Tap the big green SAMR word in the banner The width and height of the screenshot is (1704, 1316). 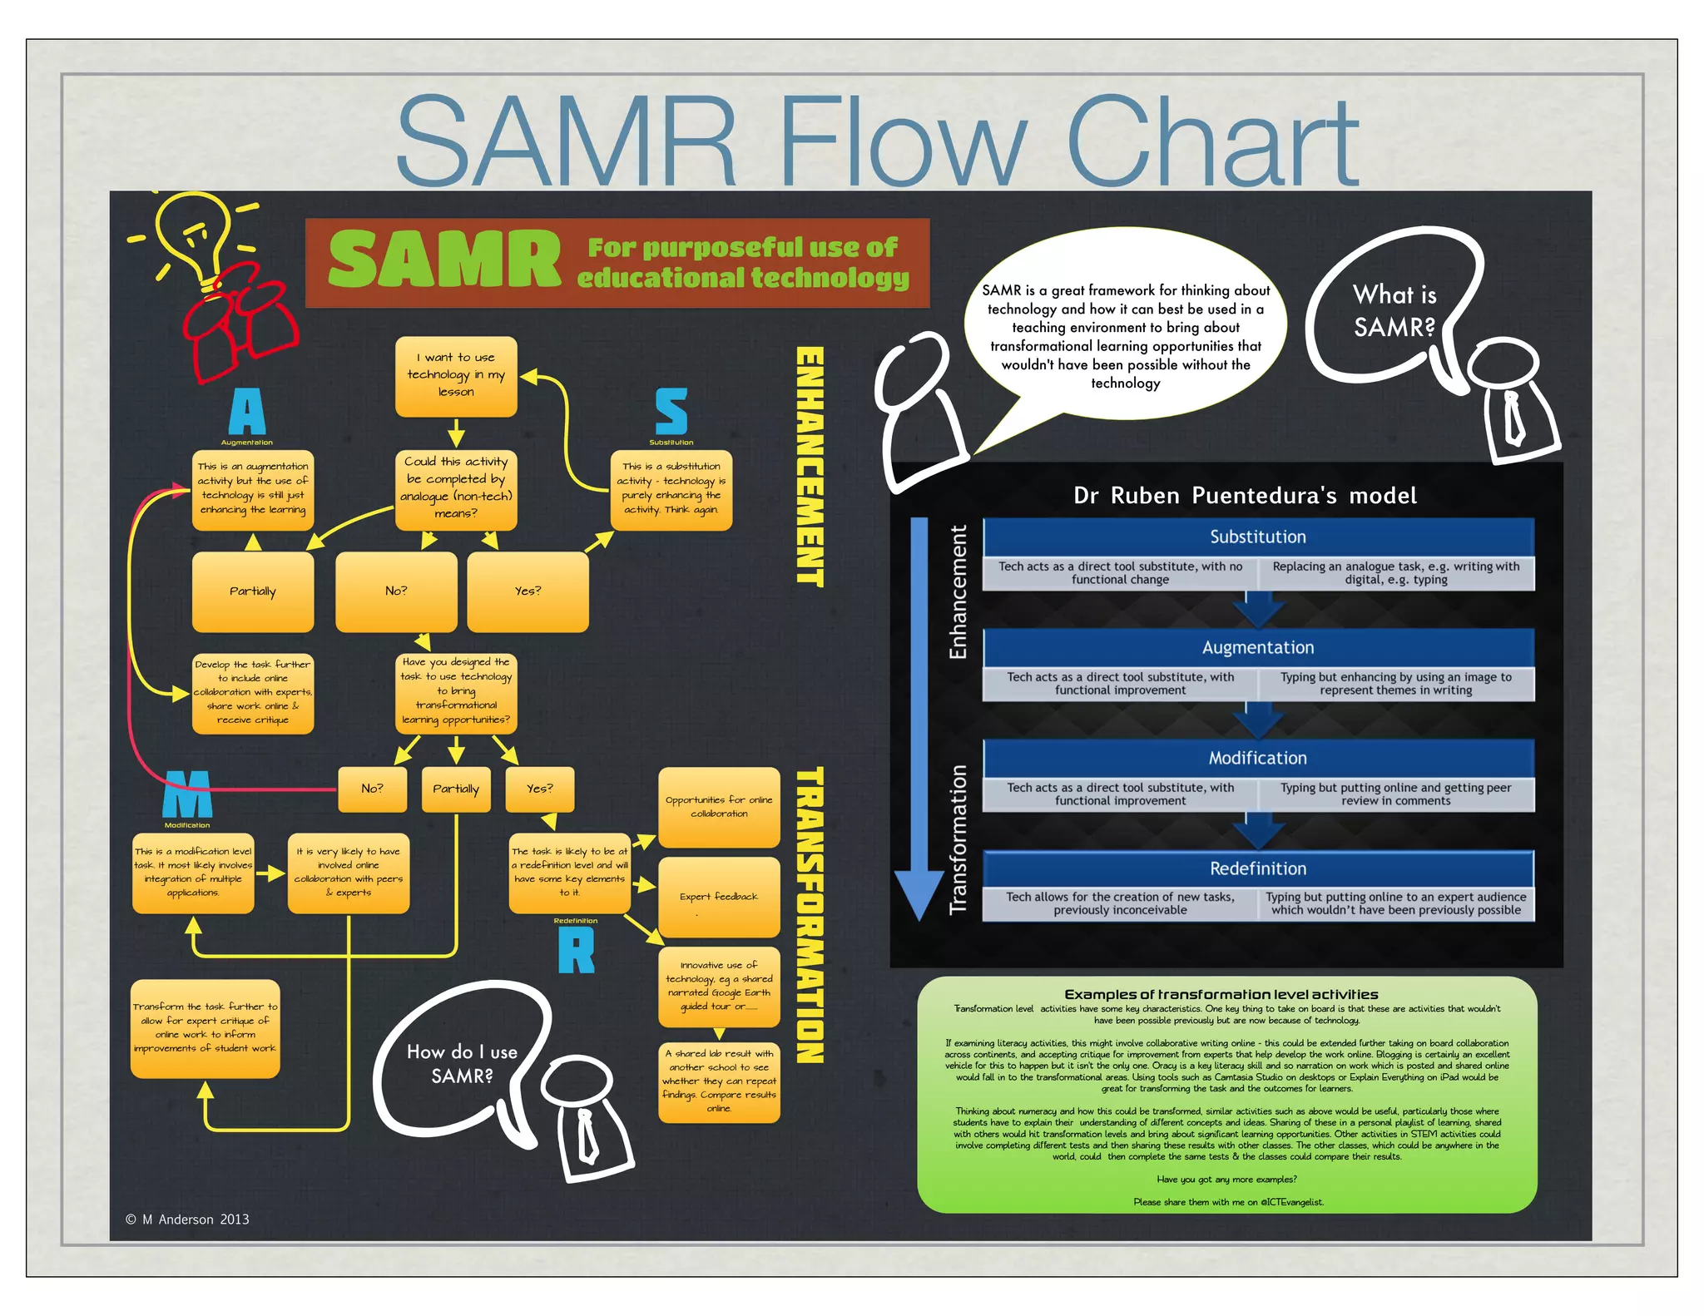point(444,260)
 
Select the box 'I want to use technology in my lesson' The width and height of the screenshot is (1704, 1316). point(456,375)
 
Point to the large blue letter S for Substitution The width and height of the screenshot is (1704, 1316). point(671,412)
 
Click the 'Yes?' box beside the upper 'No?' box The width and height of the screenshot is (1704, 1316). point(528,591)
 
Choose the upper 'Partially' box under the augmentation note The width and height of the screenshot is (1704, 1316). point(253,591)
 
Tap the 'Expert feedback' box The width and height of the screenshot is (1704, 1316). point(719,897)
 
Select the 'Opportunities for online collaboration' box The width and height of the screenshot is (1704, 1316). point(719,807)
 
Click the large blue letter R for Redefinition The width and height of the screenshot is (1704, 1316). point(576,950)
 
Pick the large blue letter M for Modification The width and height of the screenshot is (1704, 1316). point(187,795)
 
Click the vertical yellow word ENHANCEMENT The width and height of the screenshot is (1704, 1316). point(810,466)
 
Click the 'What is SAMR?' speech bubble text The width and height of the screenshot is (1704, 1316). point(1394,311)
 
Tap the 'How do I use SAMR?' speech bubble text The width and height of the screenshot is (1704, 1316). point(462,1064)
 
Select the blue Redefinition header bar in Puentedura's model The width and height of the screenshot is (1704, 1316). point(1257,868)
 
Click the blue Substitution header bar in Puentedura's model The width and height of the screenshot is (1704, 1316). point(1257,537)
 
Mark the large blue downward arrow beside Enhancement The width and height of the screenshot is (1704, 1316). point(919,715)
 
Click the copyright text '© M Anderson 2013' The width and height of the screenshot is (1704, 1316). point(187,1220)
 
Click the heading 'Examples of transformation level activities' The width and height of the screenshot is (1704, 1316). point(1221,994)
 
